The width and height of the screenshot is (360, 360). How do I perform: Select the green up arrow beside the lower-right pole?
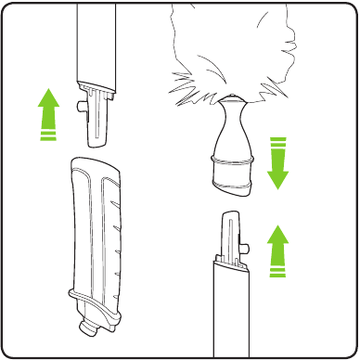pos(276,249)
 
